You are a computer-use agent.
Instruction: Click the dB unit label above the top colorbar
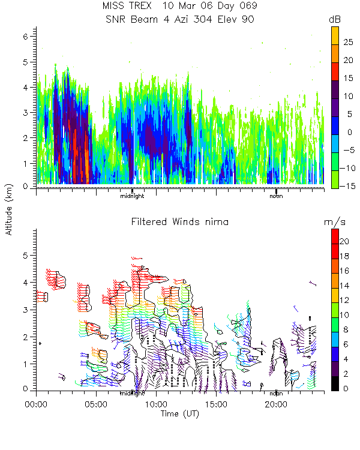pyautogui.click(x=335, y=20)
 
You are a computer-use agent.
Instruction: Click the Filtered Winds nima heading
pyautogui.click(x=180, y=222)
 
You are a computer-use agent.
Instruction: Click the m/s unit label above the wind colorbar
pyautogui.click(x=334, y=222)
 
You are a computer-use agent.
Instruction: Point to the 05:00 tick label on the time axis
pyautogui.click(x=96, y=403)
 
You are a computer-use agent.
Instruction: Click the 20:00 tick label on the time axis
pyautogui.click(x=275, y=403)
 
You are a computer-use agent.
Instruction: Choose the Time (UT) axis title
pyautogui.click(x=180, y=414)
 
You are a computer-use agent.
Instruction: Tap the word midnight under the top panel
pyautogui.click(x=132, y=196)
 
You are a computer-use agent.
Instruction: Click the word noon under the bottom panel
pyautogui.click(x=276, y=394)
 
